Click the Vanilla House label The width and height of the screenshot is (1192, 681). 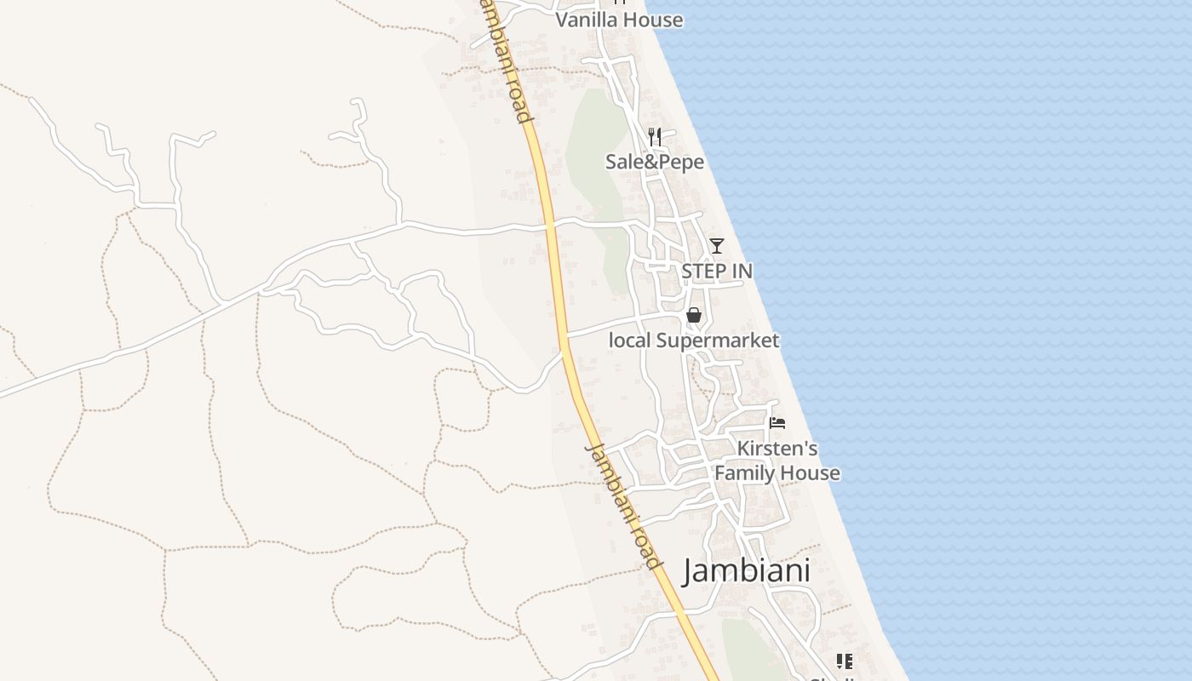pyautogui.click(x=619, y=20)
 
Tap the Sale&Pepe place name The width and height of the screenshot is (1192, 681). pyautogui.click(x=655, y=162)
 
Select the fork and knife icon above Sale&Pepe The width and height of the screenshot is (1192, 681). pyautogui.click(x=655, y=136)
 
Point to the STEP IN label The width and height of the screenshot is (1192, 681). pyautogui.click(x=717, y=271)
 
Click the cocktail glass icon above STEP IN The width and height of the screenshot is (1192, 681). pyautogui.click(x=717, y=246)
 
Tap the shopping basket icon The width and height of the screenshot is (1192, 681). pyautogui.click(x=694, y=316)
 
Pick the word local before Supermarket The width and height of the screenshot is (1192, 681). pyautogui.click(x=630, y=340)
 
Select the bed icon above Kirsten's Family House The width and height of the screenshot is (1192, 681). pyautogui.click(x=777, y=422)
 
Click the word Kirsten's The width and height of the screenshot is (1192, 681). pyautogui.click(x=777, y=449)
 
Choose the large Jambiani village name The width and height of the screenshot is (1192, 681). pyautogui.click(x=747, y=570)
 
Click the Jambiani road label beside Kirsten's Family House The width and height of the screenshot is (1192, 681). pyautogui.click(x=624, y=506)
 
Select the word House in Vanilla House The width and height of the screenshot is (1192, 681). pyautogui.click(x=654, y=20)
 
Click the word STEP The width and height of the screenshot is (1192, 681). pyautogui.click(x=702, y=271)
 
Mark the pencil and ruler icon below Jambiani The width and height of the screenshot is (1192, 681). pyautogui.click(x=845, y=661)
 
